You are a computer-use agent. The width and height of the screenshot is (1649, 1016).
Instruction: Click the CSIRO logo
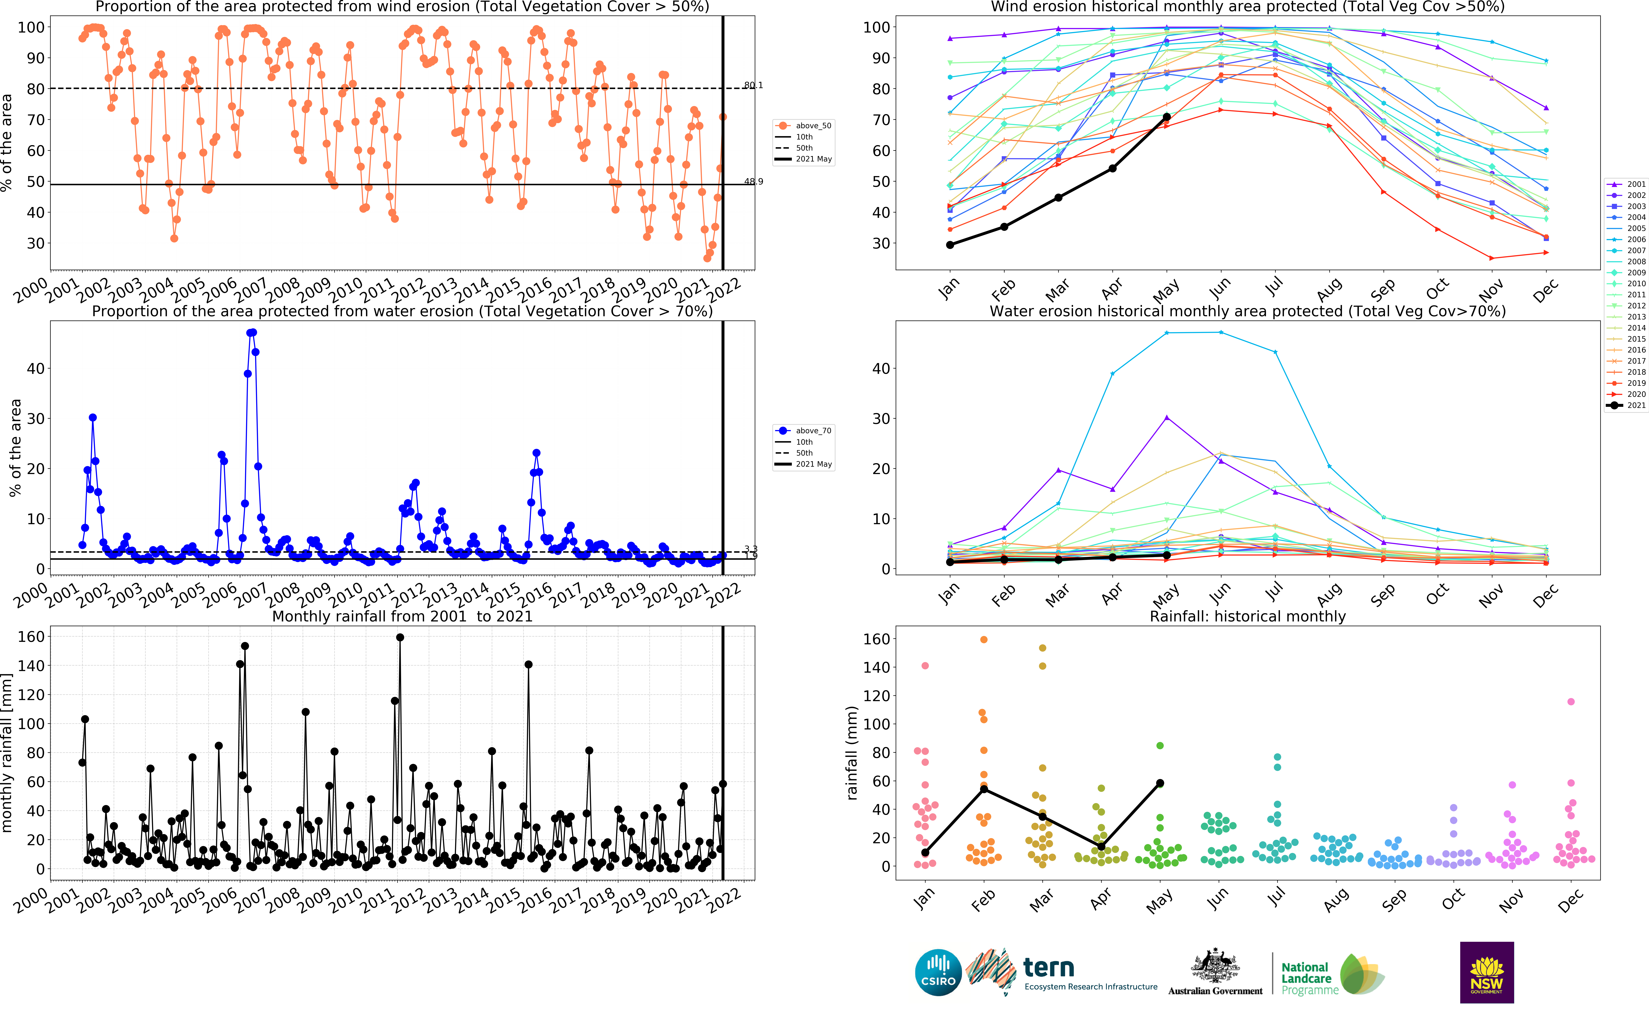[x=938, y=972]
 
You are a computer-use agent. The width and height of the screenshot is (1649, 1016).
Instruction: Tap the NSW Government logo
[x=1486, y=972]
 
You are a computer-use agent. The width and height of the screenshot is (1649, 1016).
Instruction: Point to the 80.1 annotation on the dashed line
[x=753, y=85]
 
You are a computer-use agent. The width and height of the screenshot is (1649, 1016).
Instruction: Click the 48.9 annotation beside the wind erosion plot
[x=753, y=181]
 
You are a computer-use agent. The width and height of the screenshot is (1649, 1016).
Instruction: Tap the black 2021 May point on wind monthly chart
[x=1167, y=117]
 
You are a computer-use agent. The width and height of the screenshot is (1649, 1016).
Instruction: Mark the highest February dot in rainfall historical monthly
[x=984, y=640]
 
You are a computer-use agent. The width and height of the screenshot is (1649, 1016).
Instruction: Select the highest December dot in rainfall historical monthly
[x=1571, y=701]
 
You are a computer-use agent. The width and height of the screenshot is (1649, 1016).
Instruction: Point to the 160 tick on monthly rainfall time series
[x=31, y=636]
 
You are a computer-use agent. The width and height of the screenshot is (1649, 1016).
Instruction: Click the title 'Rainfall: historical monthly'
[x=1248, y=616]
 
